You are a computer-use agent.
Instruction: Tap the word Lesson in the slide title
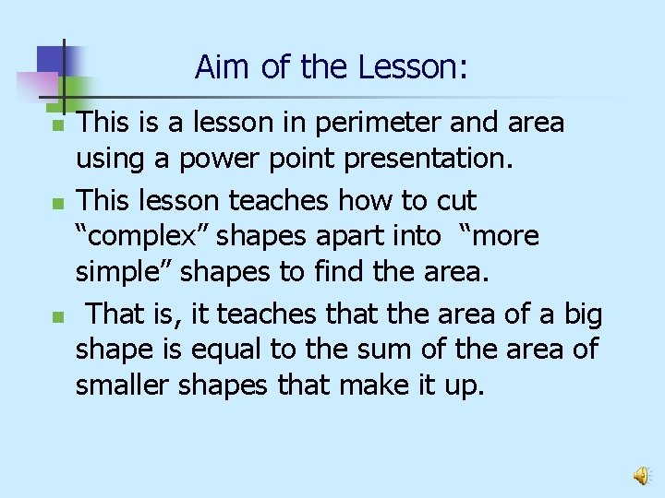(413, 66)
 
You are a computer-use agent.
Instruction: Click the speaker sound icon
(639, 476)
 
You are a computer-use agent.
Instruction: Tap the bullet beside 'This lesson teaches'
(57, 201)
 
